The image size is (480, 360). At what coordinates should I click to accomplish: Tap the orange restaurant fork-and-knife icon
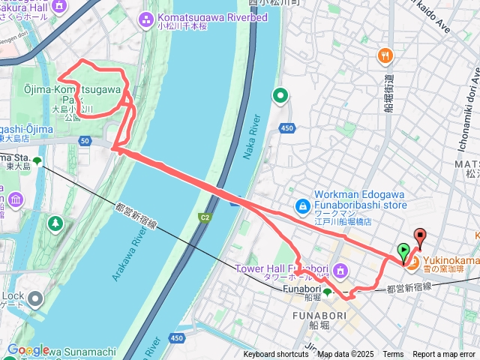point(385,55)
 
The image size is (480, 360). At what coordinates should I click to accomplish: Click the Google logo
point(28,349)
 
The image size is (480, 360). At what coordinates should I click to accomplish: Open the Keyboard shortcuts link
point(275,355)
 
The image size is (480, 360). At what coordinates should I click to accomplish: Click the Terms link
point(393,355)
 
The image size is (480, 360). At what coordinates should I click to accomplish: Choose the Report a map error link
point(444,355)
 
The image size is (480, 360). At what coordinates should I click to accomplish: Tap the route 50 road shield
point(85,140)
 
